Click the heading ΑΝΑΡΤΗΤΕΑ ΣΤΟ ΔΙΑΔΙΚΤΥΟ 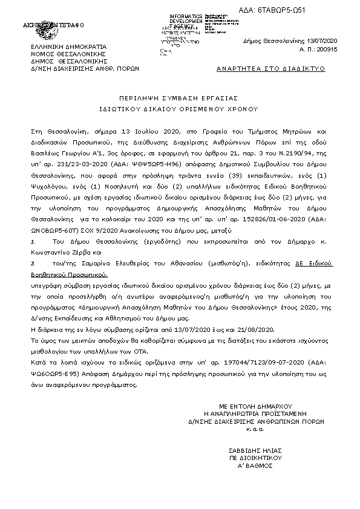point(270,69)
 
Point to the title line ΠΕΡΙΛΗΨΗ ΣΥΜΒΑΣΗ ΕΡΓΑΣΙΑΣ point(180,97)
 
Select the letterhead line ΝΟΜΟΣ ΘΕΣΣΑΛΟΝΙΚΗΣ point(65,53)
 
